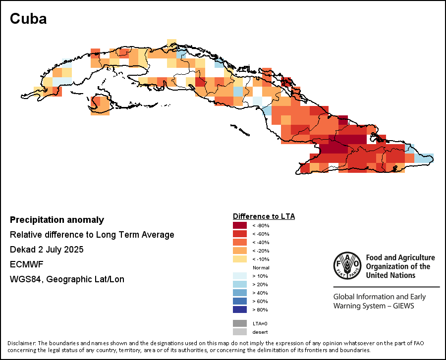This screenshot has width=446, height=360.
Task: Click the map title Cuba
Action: coord(28,19)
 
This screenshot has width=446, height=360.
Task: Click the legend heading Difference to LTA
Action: coord(264,216)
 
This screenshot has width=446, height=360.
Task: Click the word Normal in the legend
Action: coord(261,267)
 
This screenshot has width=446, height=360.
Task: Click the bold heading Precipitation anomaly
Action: coord(57,220)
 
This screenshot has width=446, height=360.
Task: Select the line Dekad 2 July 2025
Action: coord(47,250)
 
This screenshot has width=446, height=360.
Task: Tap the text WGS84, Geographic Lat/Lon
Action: coord(67,279)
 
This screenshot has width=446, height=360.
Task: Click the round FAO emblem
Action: coord(347,266)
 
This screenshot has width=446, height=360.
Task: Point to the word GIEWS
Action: coord(402,306)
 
